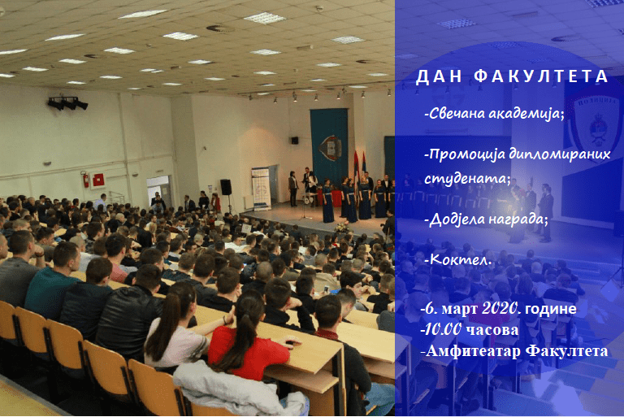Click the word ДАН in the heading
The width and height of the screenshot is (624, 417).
point(439,76)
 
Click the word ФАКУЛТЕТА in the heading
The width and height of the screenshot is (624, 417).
point(542,76)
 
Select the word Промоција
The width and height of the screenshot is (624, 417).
point(466,154)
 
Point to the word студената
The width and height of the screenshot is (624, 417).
point(467,178)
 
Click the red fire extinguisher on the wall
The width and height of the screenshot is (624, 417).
point(85,180)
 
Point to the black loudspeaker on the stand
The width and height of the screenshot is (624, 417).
point(226,187)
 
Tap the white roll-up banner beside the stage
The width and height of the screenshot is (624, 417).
point(261,189)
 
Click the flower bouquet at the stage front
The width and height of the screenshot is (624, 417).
point(341,228)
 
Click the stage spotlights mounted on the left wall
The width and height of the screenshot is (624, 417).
point(67,103)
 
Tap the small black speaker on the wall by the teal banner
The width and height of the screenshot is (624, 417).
point(294,140)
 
